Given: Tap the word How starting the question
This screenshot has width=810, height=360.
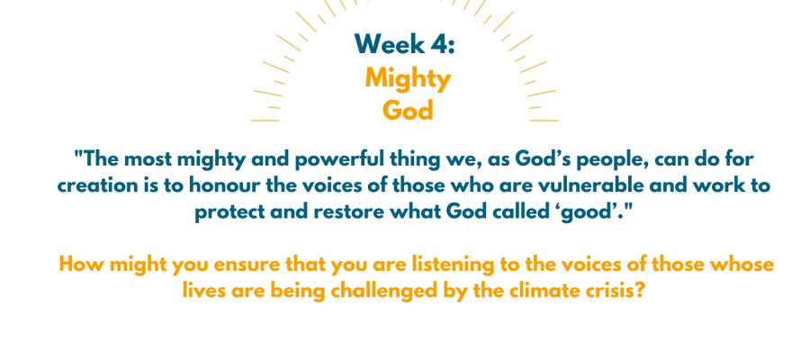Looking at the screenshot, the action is coord(78,265).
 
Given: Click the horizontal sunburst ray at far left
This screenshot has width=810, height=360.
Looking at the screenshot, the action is coord(265,121).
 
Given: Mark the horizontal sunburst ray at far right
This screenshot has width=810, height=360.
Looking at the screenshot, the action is coord(544,121).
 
